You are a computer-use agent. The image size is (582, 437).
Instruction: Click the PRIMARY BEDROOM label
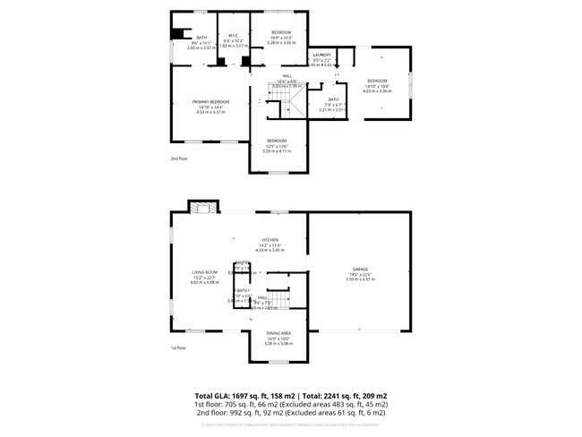pyautogui.click(x=210, y=101)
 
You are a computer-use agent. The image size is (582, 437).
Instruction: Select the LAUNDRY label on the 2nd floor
pyautogui.click(x=321, y=55)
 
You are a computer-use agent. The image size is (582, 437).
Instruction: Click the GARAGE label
pyautogui.click(x=360, y=269)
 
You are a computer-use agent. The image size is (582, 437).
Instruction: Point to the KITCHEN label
pyautogui.click(x=269, y=240)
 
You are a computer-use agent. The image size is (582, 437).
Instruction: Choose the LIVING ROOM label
pyautogui.click(x=205, y=272)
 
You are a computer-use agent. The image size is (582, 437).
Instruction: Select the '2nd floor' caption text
pyautogui.click(x=179, y=158)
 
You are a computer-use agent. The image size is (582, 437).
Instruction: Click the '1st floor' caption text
pyautogui.click(x=179, y=348)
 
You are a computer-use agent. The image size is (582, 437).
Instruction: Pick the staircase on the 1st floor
pyautogui.click(x=281, y=296)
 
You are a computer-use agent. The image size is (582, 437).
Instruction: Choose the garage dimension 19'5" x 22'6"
pyautogui.click(x=360, y=274)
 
